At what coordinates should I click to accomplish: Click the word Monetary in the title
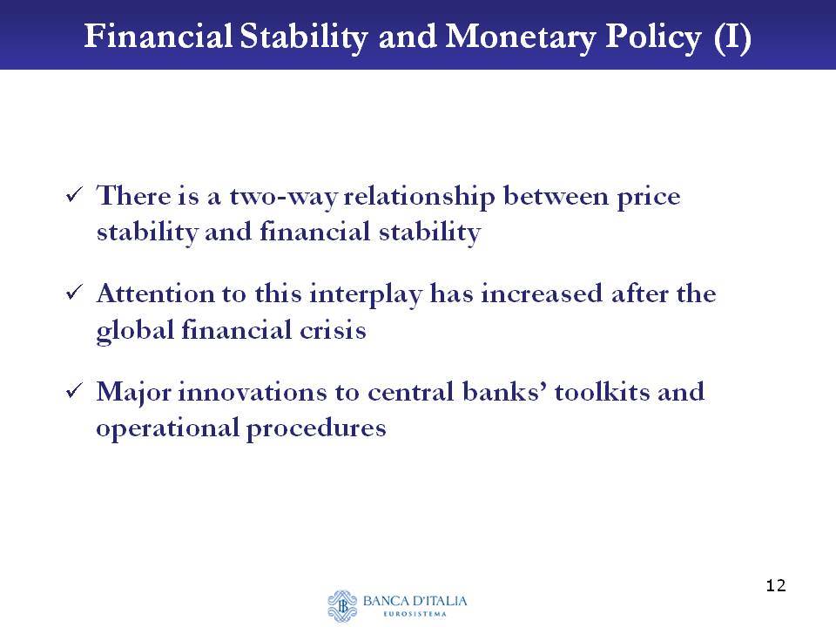520,37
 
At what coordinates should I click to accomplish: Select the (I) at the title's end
732,37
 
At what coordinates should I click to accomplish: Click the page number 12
776,585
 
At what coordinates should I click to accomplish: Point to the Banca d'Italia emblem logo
341,606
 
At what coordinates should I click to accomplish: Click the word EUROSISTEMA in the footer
415,614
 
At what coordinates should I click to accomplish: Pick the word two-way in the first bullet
283,197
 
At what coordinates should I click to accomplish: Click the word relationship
419,197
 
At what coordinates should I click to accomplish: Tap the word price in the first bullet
648,198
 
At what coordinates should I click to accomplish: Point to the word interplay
366,295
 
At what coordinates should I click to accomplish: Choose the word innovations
253,392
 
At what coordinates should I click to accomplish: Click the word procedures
316,428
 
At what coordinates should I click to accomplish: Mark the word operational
167,428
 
